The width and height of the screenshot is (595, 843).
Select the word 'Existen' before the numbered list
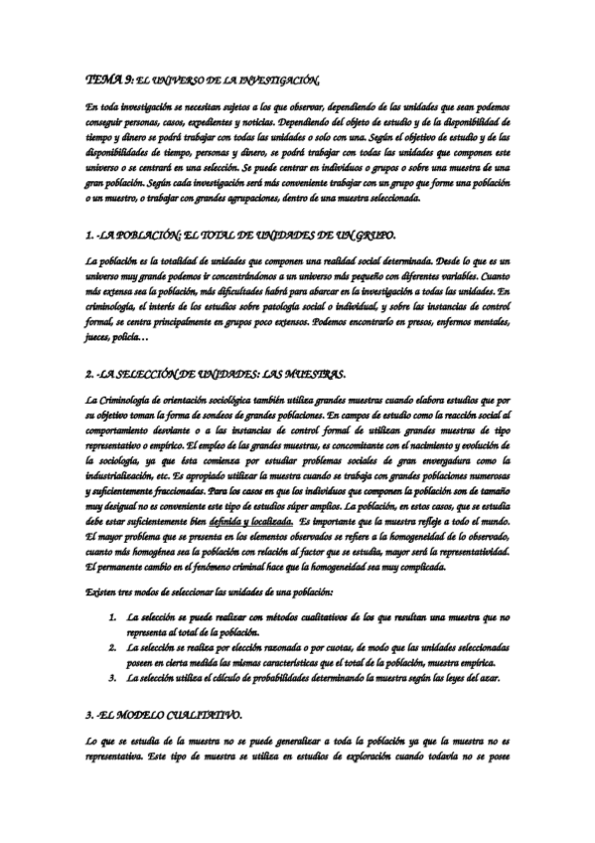click(x=101, y=592)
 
